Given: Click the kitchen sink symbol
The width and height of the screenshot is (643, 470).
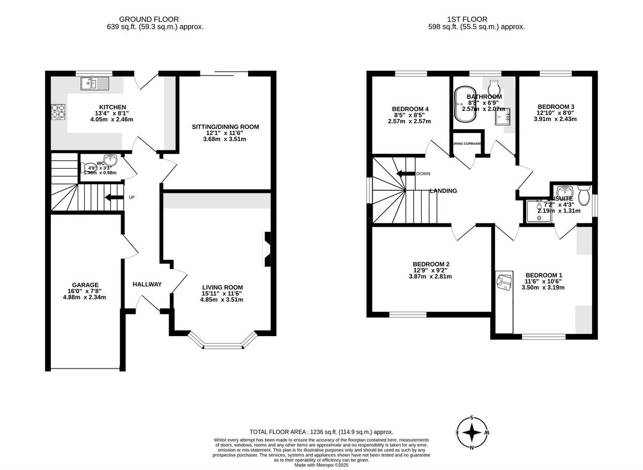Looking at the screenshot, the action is [94, 83].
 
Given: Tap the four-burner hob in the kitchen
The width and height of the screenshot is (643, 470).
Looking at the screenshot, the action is [58, 111].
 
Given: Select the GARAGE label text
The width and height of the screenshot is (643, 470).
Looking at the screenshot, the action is [86, 285].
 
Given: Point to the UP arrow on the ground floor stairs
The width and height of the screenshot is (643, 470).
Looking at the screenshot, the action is [114, 197].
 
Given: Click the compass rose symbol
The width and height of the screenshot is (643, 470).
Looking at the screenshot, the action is [472, 432].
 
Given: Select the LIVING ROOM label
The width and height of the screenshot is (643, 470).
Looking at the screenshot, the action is [222, 287].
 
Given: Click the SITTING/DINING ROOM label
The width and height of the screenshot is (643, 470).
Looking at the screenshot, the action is [226, 127].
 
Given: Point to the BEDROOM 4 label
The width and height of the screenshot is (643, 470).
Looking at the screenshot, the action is [409, 109].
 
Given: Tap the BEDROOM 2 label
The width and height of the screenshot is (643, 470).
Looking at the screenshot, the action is [431, 264].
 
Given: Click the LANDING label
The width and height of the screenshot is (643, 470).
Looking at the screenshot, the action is [443, 191].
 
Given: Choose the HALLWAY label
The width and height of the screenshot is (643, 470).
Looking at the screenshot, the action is [147, 284].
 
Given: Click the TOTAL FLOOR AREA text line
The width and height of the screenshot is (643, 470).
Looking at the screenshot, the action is [322, 432].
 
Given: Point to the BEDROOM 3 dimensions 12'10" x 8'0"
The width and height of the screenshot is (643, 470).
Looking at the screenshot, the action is [556, 113].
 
